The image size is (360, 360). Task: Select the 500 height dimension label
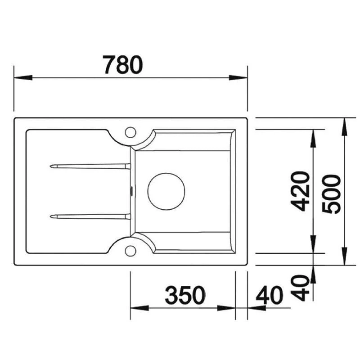pyautogui.click(x=332, y=194)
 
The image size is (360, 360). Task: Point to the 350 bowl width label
pyautogui.click(x=184, y=295)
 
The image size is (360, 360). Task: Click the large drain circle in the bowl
pyautogui.click(x=166, y=191)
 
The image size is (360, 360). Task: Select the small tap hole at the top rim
pyautogui.click(x=130, y=132)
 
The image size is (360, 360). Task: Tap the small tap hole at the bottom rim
pyautogui.click(x=130, y=250)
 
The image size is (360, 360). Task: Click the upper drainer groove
pyautogui.click(x=90, y=166)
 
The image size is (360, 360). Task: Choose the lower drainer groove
pyautogui.click(x=90, y=216)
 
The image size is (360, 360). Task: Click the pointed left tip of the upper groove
pyautogui.click(x=52, y=166)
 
